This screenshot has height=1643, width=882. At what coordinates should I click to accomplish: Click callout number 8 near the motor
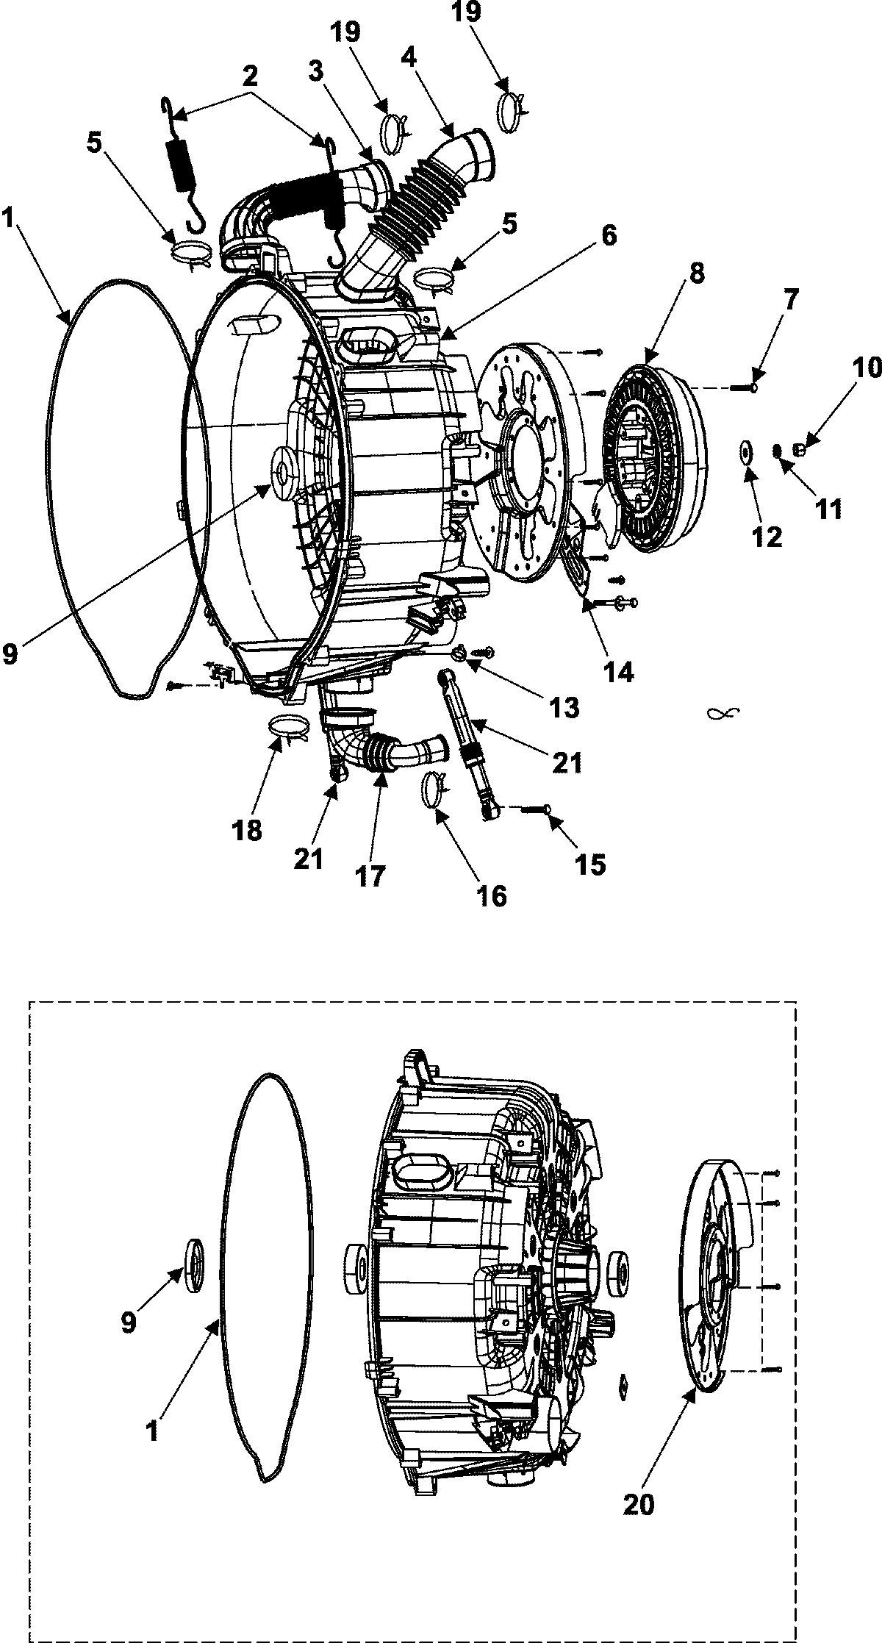(x=695, y=274)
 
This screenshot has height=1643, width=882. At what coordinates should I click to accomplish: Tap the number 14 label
(x=617, y=673)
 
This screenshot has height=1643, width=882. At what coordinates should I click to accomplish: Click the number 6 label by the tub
(x=607, y=235)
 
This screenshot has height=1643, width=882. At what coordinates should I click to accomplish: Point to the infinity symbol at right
(x=722, y=712)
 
